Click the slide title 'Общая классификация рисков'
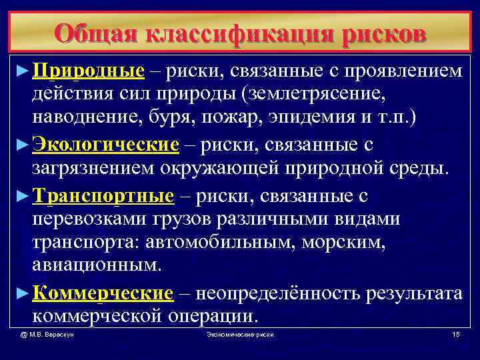pos(240,31)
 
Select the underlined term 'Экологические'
pos(106,145)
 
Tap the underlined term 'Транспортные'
pos(103,196)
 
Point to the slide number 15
pos(455,333)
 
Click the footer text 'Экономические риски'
pos(240,333)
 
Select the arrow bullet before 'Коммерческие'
pos(23,293)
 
